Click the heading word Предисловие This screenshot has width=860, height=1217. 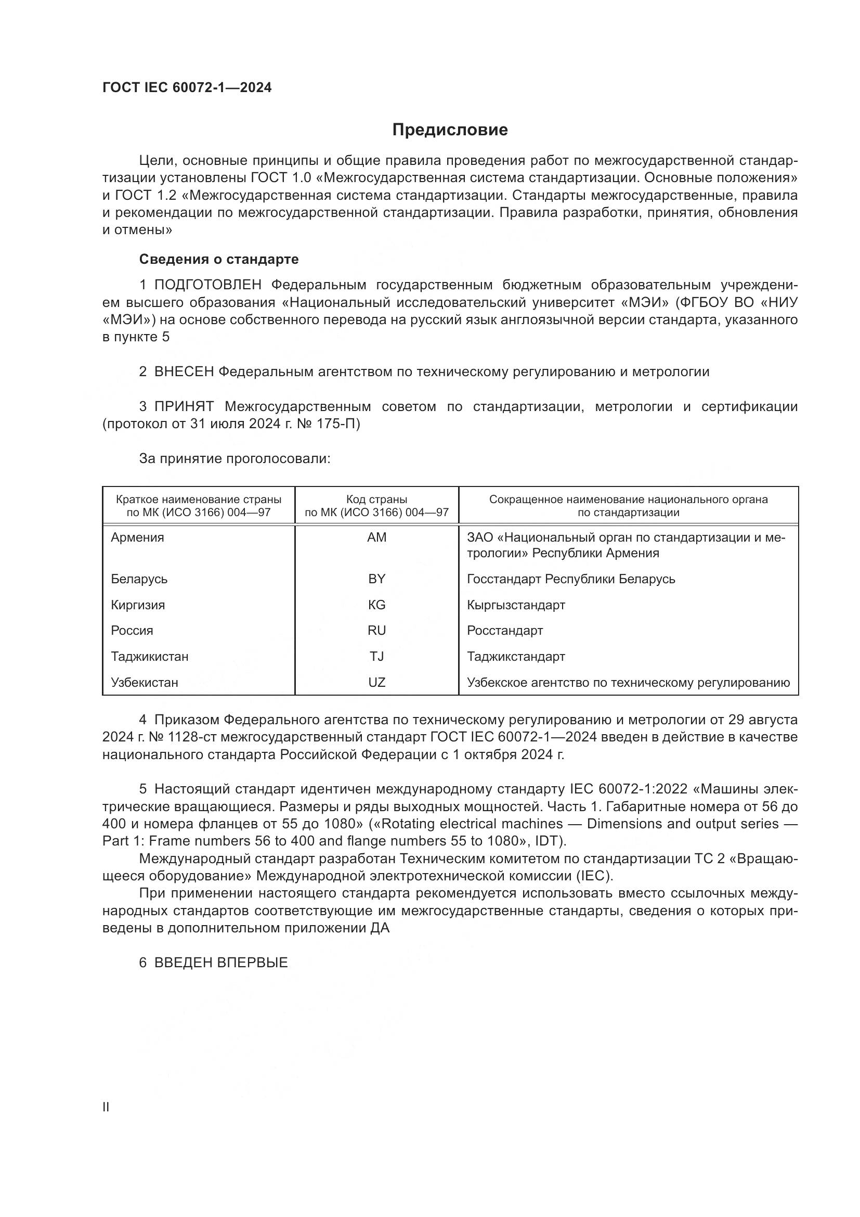(x=450, y=130)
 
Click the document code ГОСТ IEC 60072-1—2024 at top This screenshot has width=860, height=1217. (x=187, y=87)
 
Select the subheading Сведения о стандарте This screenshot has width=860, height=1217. (x=219, y=259)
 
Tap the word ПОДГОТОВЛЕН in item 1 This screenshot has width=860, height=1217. (x=207, y=285)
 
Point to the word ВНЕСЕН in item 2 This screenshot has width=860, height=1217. (x=184, y=372)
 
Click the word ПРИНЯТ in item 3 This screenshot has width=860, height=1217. (x=184, y=407)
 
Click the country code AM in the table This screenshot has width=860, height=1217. (x=376, y=537)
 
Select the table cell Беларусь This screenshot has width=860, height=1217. (x=139, y=579)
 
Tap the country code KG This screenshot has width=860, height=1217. (x=376, y=605)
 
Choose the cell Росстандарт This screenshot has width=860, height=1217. (x=505, y=631)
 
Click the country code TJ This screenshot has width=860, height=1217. (x=376, y=657)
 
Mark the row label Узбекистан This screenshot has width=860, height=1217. (x=145, y=683)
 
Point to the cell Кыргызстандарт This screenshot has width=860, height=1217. (x=516, y=605)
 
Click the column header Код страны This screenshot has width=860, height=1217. (x=376, y=499)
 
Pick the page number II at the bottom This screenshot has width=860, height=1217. (x=106, y=1107)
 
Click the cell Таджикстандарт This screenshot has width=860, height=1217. (x=516, y=657)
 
